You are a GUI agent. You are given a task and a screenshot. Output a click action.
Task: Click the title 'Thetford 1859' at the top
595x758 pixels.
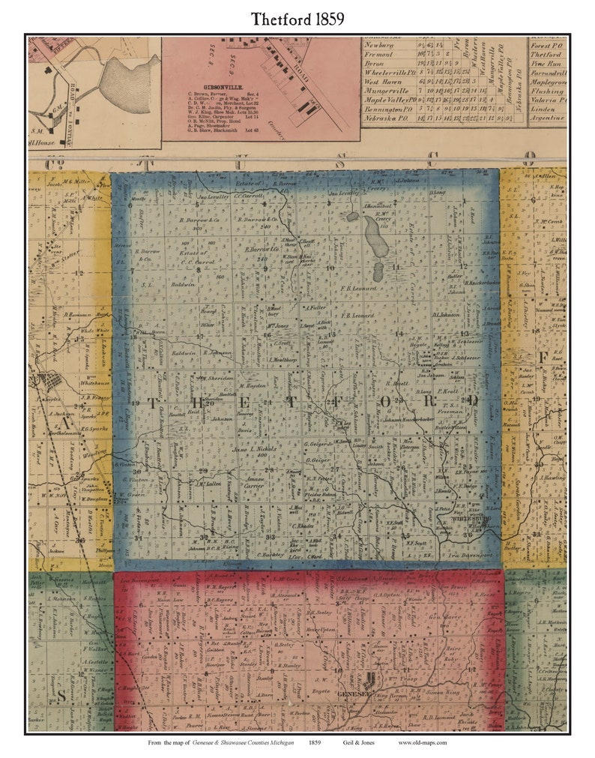click(297, 19)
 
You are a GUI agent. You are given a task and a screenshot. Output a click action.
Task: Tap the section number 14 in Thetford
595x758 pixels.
click(400, 333)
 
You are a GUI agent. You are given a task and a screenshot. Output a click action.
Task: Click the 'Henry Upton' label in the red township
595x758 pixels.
click(321, 630)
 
